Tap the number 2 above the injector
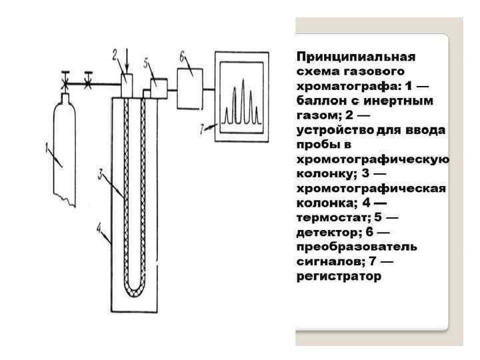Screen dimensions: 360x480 pos(115,53)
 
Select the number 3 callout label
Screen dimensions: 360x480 pos(100,175)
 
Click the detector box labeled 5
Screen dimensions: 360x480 pos(158,87)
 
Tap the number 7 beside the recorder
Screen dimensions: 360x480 pos(203,129)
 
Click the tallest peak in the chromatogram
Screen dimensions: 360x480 pos(244,100)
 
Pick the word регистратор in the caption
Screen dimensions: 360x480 pos(339,276)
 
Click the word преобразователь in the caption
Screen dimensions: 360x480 pos(357,247)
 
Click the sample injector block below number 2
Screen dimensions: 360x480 pos(127,85)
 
